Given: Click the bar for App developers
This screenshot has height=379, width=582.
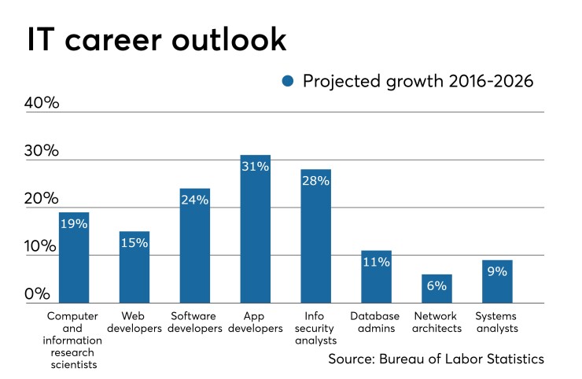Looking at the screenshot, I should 256,229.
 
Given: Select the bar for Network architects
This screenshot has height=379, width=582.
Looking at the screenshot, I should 436,289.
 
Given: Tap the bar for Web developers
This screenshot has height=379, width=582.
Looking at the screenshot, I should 134,267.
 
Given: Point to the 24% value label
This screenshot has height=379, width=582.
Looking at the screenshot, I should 195,201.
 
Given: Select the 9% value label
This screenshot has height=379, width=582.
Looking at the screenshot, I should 497,272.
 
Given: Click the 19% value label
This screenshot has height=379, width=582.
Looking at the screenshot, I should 74,224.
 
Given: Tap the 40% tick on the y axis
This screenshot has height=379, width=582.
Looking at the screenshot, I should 42,103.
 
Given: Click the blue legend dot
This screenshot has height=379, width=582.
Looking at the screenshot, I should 288,80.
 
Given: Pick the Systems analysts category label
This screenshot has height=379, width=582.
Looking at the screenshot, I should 497,322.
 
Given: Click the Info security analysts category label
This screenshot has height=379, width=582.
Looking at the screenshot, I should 315,329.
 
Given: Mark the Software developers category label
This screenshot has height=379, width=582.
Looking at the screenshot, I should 195,322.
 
